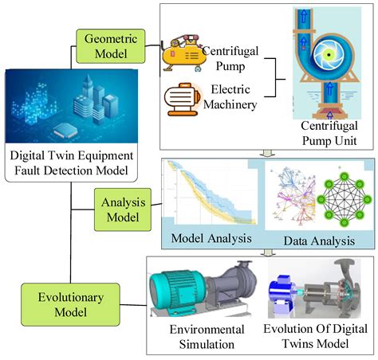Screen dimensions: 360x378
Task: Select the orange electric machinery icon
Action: click(x=183, y=100)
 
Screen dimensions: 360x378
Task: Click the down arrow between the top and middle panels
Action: click(x=270, y=153)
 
